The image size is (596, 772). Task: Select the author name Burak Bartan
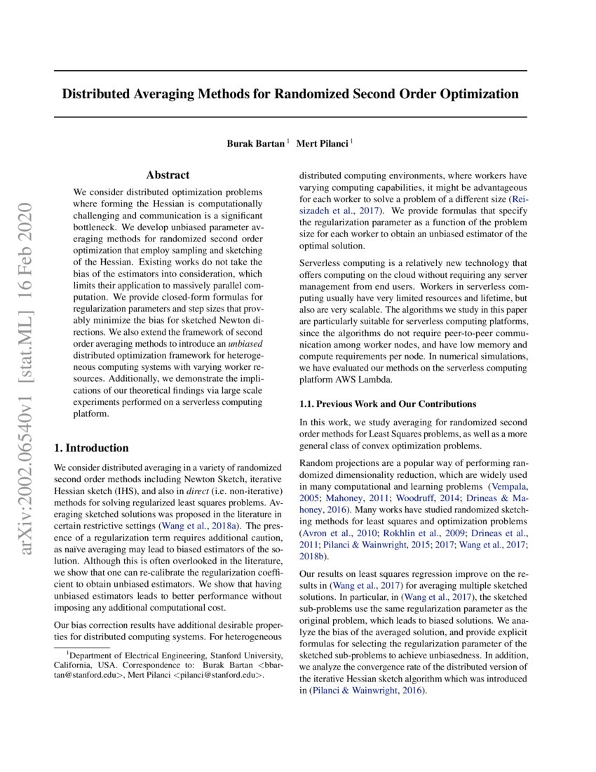255,143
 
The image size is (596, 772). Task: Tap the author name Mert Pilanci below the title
323,143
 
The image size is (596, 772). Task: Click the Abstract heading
168,175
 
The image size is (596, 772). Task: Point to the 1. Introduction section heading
91,448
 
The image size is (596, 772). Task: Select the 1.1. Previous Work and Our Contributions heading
388,404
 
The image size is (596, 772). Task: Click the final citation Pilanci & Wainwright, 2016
365,691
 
